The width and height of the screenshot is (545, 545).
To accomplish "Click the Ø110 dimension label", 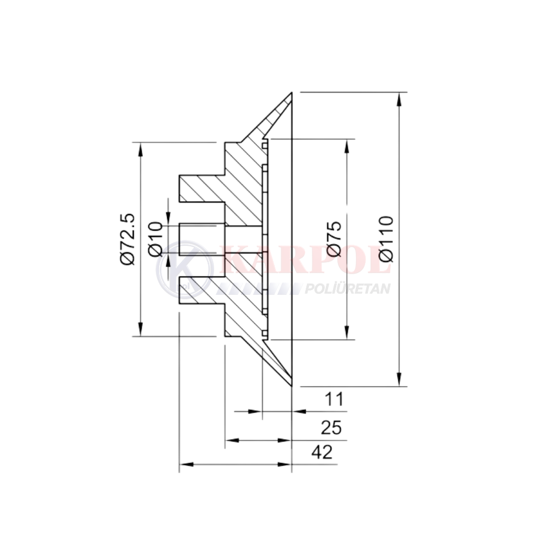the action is coord(387,239).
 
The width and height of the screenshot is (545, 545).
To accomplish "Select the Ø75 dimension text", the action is coord(335,239).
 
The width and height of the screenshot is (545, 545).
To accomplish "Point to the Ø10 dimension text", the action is coord(155,239).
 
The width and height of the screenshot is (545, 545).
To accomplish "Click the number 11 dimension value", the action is coord(334,399).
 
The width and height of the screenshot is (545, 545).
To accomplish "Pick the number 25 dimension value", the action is coord(331,427).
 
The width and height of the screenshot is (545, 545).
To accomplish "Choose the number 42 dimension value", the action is coord(322,452).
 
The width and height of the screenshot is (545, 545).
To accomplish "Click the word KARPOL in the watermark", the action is coord(306,260).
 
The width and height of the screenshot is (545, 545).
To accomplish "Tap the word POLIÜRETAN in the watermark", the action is coord(347,288).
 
